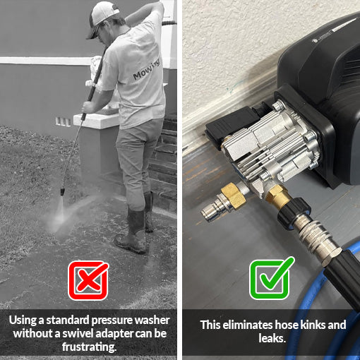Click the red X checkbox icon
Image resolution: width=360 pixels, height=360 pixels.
tap(88, 280)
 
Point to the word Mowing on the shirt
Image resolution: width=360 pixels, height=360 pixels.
tap(147, 69)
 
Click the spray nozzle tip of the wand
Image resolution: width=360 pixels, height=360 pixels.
tap(62, 191)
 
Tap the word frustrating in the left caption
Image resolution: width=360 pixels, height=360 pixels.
tap(89, 347)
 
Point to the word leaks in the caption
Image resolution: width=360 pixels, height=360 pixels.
tap(272, 338)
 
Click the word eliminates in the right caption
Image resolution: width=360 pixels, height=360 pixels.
tap(248, 325)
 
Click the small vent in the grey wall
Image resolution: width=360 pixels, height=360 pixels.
tap(63, 121)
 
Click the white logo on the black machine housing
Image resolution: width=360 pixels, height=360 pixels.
tap(316, 40)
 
